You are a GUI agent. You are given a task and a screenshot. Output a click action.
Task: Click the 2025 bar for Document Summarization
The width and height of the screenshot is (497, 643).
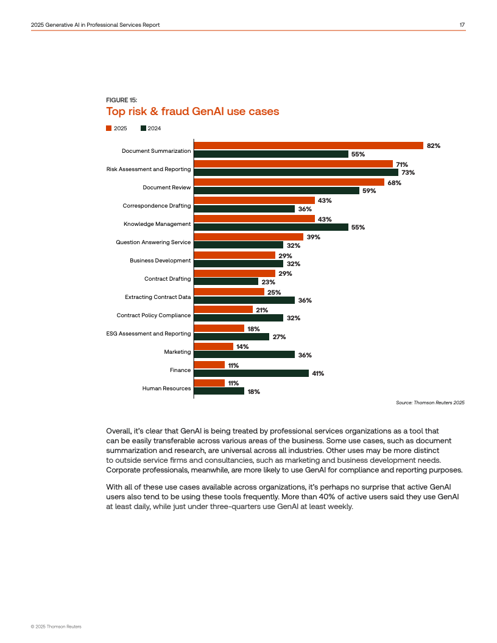click(308, 146)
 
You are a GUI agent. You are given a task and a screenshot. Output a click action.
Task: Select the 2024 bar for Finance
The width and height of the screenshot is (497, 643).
click(251, 373)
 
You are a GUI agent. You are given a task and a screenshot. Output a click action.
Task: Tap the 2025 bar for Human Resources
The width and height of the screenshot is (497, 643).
click(210, 383)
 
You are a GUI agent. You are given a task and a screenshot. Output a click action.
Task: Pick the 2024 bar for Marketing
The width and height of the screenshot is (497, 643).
click(244, 355)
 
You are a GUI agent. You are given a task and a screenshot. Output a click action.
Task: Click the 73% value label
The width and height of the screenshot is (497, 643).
click(408, 173)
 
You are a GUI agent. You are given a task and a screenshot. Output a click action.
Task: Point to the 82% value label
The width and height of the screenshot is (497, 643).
click(434, 146)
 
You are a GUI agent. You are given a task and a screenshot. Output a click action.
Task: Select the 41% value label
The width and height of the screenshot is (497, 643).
click(317, 374)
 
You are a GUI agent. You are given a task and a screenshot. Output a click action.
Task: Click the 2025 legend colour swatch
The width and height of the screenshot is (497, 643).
click(109, 128)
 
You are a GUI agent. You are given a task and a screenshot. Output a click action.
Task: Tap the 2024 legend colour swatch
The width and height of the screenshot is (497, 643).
click(143, 128)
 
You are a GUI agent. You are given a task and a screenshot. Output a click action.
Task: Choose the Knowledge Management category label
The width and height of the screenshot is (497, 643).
click(157, 224)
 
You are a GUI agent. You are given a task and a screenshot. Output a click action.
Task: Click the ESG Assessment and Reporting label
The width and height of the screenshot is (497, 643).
click(149, 334)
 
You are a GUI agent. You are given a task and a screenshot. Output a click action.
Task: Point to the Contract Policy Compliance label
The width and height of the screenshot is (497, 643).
click(153, 315)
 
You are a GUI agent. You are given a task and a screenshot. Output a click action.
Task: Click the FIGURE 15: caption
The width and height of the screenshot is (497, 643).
click(121, 100)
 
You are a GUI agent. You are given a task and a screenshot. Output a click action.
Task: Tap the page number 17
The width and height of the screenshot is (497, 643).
click(462, 24)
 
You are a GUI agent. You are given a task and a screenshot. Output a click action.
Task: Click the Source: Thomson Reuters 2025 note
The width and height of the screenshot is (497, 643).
click(430, 402)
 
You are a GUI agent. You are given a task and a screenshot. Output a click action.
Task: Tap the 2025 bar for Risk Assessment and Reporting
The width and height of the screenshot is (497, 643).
click(293, 164)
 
